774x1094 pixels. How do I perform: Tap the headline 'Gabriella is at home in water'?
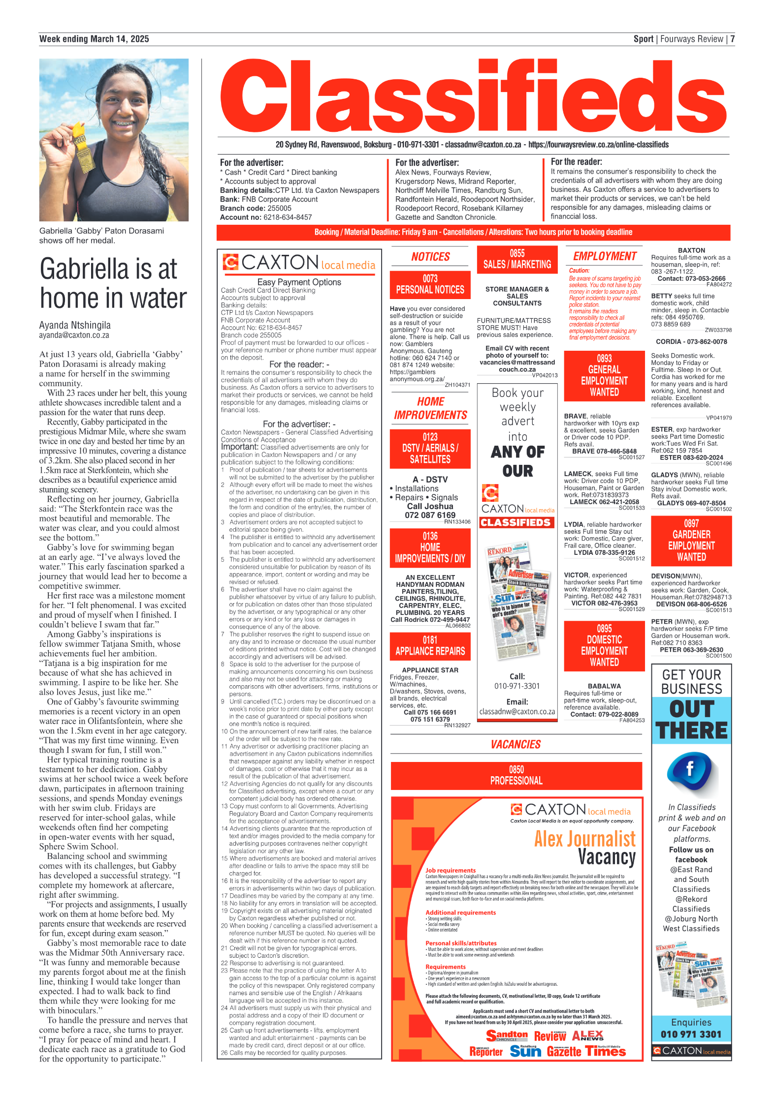click(x=113, y=284)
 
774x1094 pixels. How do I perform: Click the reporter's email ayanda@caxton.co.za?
click(x=74, y=335)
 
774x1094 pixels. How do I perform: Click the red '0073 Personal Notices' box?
click(x=430, y=284)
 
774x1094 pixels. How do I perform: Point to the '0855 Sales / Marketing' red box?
click(x=517, y=259)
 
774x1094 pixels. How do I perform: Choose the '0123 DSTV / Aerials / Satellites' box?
click(x=430, y=448)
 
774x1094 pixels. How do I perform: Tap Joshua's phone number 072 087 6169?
click(x=430, y=515)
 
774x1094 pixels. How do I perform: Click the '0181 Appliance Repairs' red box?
click(x=430, y=646)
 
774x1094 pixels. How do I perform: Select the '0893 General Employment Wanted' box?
click(x=604, y=375)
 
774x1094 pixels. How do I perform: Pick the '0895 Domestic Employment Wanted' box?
click(x=604, y=645)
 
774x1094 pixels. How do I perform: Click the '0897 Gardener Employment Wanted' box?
click(x=691, y=540)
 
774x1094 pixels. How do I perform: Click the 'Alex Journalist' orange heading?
click(x=584, y=838)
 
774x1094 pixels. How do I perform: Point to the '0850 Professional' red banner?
click(x=516, y=775)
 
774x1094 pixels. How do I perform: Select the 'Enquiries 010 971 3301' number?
click(x=691, y=1034)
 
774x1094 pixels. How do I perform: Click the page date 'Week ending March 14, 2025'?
click(x=94, y=39)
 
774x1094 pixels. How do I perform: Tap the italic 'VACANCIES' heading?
click(x=516, y=744)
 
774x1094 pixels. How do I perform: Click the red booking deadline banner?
click(x=473, y=232)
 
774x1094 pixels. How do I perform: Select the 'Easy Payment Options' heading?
click(x=299, y=282)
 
